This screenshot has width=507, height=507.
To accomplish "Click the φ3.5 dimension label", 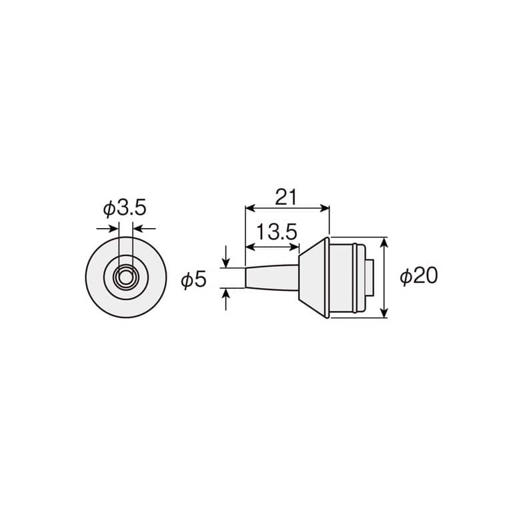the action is (125, 208).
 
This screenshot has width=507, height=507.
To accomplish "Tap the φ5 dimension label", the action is (193, 280).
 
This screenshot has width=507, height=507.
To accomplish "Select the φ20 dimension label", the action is (419, 276).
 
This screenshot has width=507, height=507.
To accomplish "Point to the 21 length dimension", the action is (286, 197).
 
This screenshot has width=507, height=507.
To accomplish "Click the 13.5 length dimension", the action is (277, 232).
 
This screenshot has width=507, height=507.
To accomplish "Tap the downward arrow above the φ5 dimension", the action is (226, 257).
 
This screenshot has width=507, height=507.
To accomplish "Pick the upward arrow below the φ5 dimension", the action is (226, 300).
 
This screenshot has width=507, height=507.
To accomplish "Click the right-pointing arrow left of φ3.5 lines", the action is (107, 229).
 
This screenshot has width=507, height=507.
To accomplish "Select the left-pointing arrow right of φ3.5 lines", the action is (144, 229).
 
